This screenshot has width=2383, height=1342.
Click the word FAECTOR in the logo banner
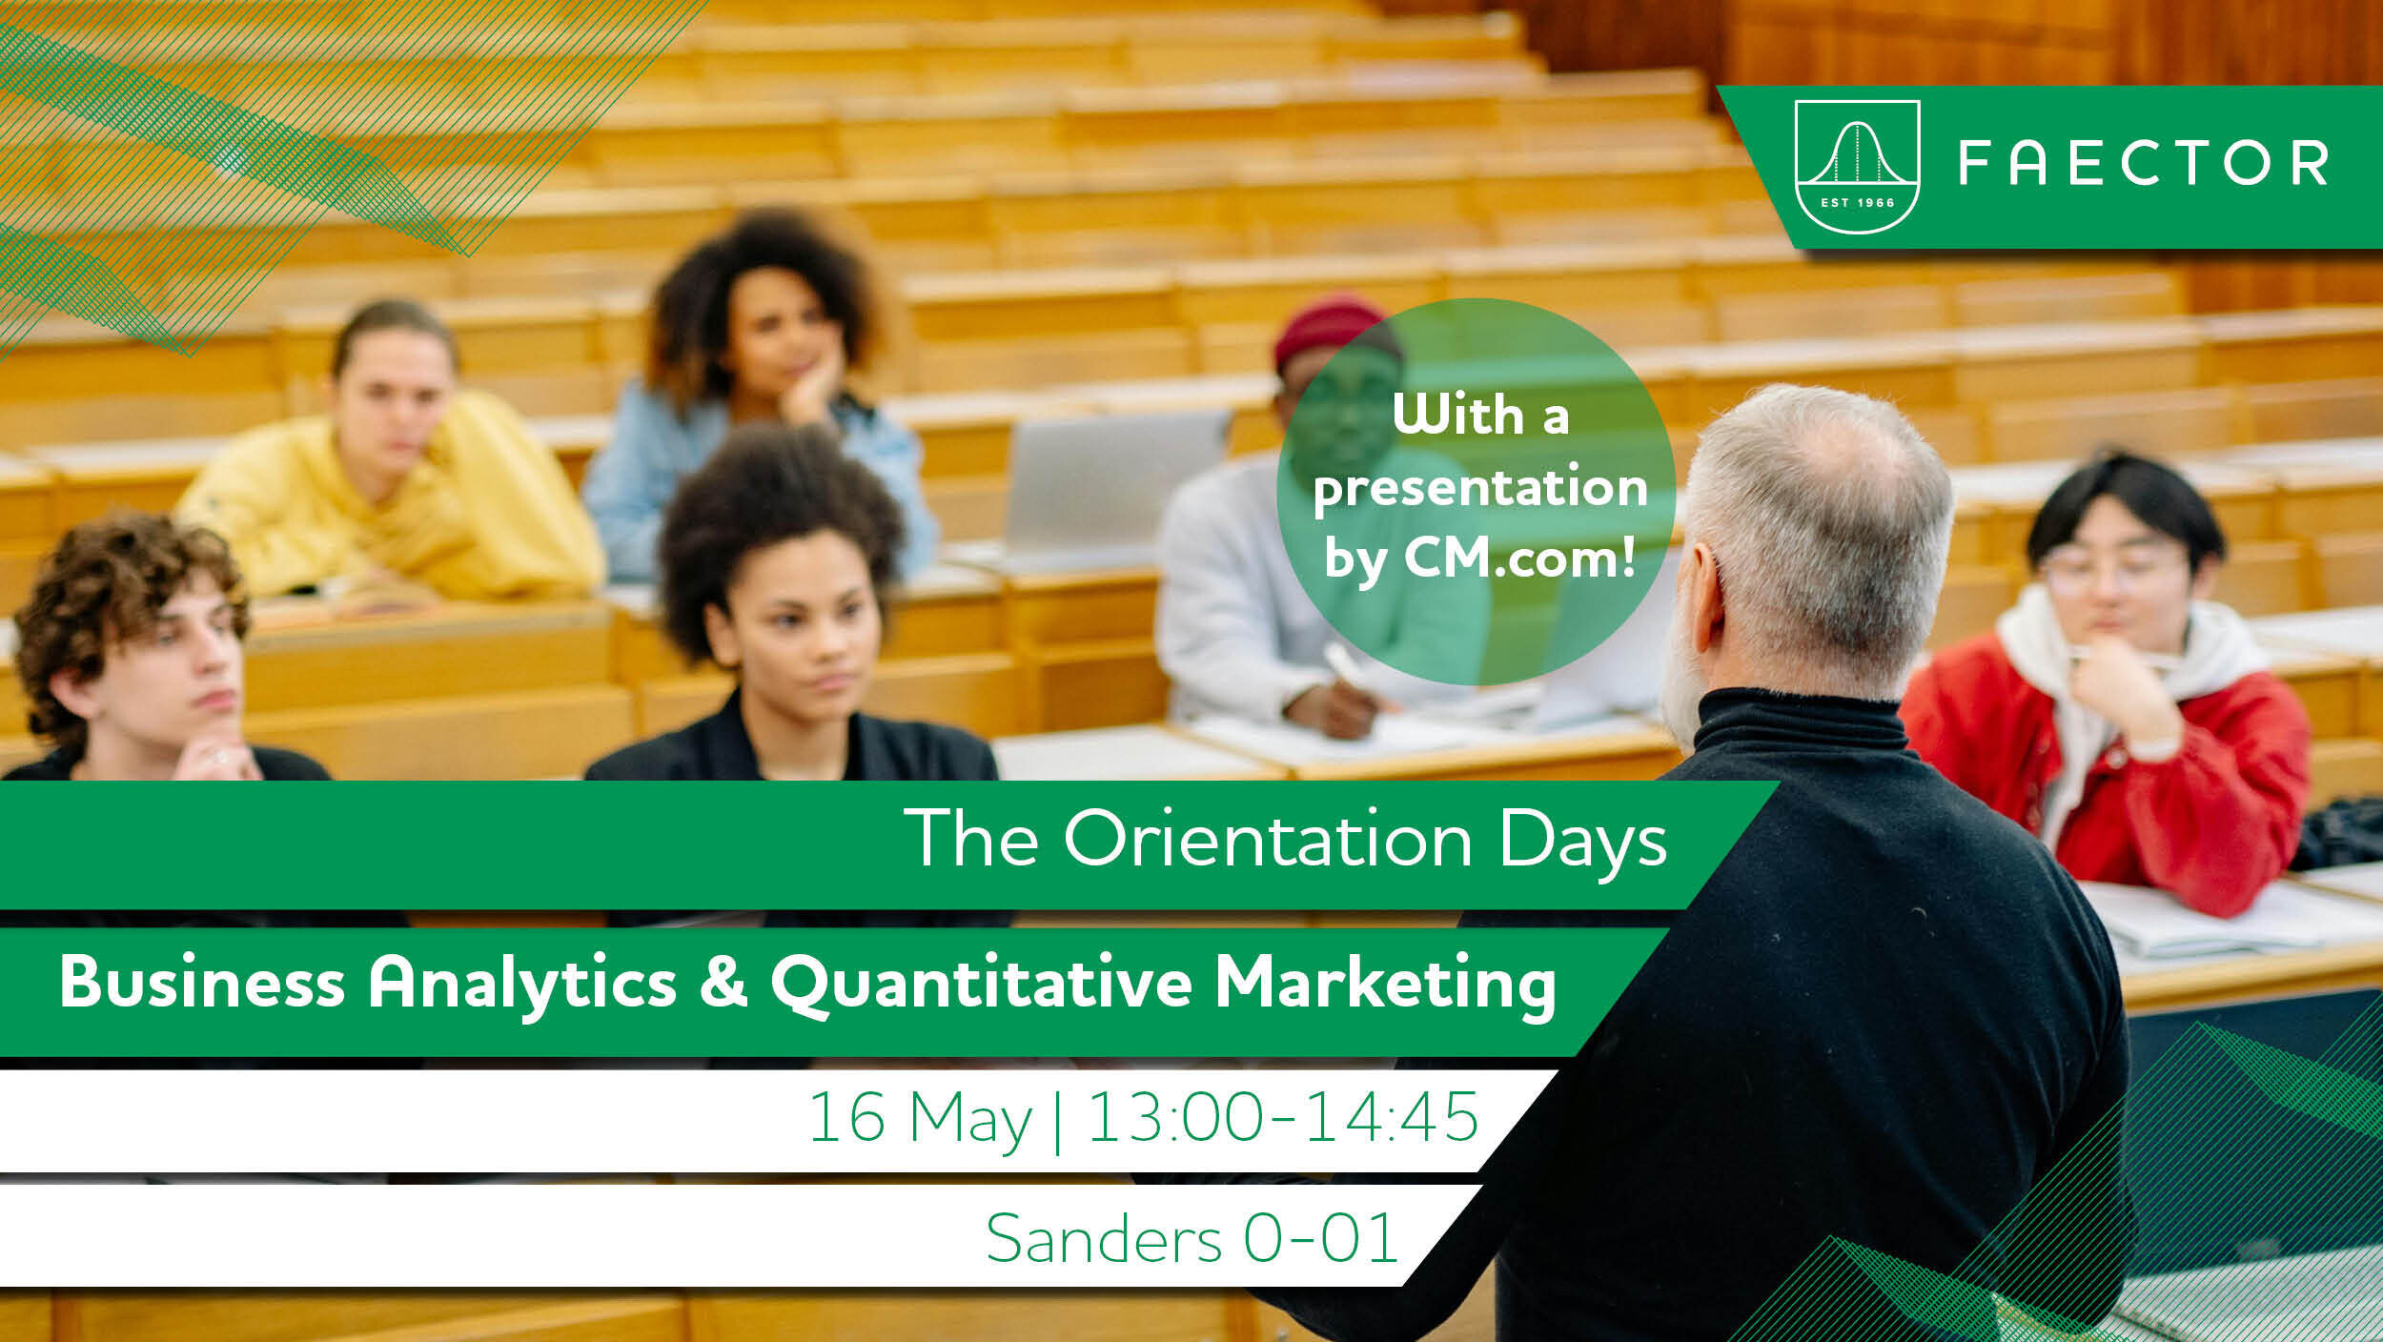pyautogui.click(x=2143, y=163)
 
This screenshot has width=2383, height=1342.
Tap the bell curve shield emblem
pyautogui.click(x=1857, y=167)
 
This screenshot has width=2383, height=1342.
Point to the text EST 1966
pyautogui.click(x=1857, y=202)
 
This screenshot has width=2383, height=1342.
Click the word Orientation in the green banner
pyautogui.click(x=1268, y=839)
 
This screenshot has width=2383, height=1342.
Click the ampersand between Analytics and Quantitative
pyautogui.click(x=723, y=983)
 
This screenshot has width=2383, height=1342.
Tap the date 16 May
pyautogui.click(x=921, y=1119)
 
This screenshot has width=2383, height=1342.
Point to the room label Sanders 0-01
pyautogui.click(x=1191, y=1238)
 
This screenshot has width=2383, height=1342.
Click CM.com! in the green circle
pyautogui.click(x=1520, y=558)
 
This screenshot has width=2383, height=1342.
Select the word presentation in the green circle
pyautogui.click(x=1480, y=488)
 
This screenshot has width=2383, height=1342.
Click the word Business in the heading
pyautogui.click(x=202, y=982)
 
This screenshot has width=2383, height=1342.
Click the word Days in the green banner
pyautogui.click(x=1582, y=842)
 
